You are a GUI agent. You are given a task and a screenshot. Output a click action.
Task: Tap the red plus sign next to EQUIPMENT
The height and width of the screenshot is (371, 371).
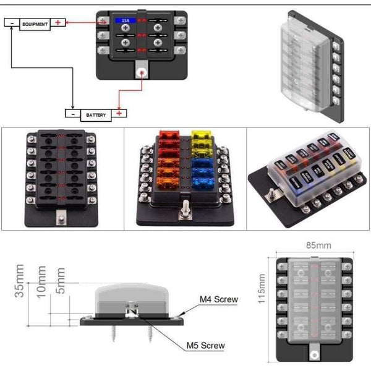(58, 23)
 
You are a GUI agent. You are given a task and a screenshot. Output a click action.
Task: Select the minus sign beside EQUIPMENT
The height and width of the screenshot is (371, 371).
(11, 23)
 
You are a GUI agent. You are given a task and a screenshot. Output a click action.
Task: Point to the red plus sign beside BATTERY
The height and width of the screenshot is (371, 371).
(121, 114)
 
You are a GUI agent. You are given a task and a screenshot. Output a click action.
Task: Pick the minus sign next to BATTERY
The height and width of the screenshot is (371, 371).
(72, 114)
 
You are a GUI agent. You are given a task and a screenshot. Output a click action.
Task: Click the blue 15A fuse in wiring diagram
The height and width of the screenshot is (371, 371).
(122, 21)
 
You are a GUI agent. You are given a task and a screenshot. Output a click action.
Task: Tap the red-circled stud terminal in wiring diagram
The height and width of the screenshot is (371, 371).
(142, 73)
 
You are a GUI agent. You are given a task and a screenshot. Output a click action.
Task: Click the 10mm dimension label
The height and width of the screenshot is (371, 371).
(41, 282)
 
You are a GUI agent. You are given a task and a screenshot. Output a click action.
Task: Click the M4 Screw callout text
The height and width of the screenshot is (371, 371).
(218, 300)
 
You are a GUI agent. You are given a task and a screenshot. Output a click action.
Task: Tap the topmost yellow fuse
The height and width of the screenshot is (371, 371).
(199, 135)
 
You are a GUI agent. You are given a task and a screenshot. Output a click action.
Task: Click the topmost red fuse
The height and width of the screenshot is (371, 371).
(169, 135)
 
